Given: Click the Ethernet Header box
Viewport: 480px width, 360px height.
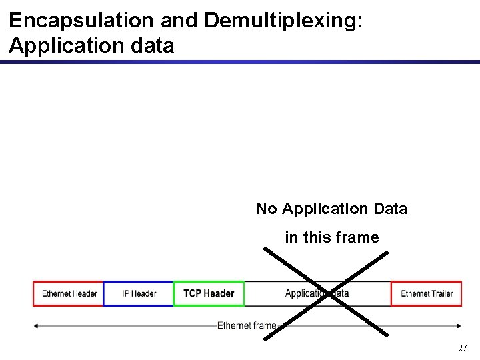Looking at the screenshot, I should click(69, 293).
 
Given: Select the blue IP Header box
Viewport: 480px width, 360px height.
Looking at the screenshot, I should click(139, 293).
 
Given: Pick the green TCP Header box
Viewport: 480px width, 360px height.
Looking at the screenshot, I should click(209, 293).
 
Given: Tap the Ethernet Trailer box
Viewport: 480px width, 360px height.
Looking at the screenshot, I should click(426, 293).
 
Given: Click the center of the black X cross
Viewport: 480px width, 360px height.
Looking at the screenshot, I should click(327, 294).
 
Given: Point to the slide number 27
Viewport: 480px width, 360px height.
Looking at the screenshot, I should click(462, 348).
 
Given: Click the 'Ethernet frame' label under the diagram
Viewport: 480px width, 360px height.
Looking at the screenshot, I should click(247, 325).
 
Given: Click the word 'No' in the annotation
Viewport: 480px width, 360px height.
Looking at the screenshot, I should click(267, 209).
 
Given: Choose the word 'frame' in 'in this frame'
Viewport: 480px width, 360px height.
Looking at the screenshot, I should click(357, 237).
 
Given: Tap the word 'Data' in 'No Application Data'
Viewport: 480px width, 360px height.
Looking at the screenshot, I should click(390, 209).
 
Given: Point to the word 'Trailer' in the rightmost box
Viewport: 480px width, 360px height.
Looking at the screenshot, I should click(439, 293).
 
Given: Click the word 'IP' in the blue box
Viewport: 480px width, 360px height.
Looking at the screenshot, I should click(127, 293).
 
